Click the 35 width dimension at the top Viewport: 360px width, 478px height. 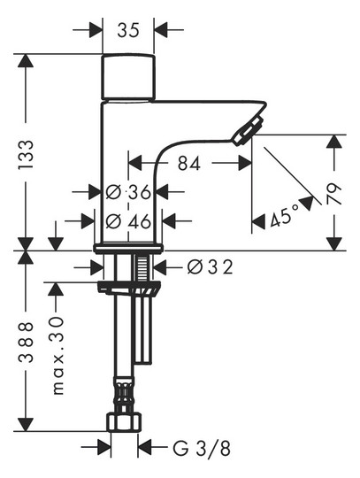click(x=128, y=30)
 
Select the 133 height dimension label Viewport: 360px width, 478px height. click(x=26, y=155)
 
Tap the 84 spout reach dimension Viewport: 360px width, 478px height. click(x=189, y=163)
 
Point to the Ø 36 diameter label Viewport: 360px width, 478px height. click(x=128, y=192)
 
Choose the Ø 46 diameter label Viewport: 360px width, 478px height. click(x=128, y=221)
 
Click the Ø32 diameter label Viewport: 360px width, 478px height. click(x=211, y=267)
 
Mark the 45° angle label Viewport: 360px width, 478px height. click(x=284, y=216)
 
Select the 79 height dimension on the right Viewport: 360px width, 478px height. click(x=334, y=194)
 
